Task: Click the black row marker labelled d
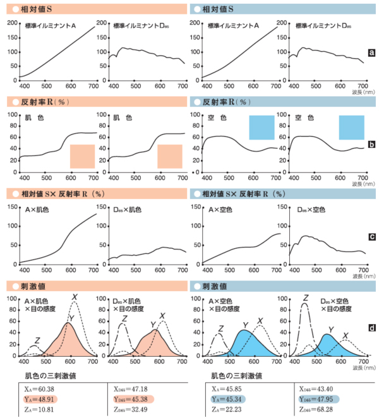(372, 328)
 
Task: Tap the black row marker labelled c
(372, 237)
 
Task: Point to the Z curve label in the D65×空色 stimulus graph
(305, 297)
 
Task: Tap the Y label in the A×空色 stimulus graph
(244, 325)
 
